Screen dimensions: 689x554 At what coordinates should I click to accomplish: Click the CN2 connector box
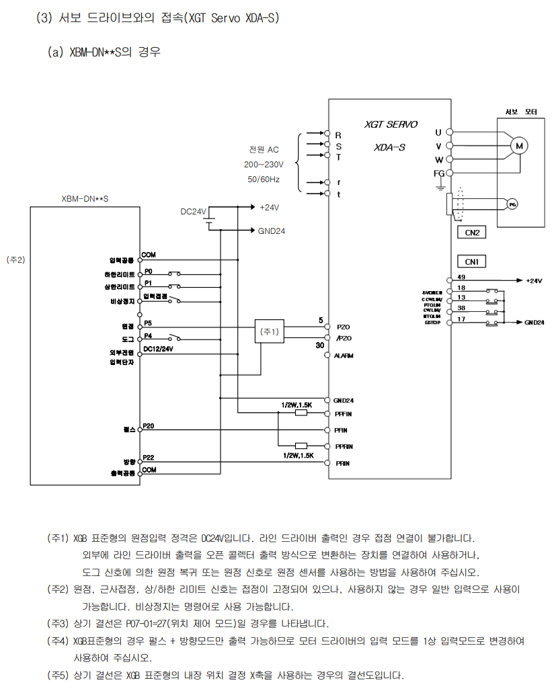471,233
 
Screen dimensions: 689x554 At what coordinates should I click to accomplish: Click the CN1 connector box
471,261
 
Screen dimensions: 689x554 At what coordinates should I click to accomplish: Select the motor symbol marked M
518,145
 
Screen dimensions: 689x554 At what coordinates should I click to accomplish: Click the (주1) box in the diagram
270,331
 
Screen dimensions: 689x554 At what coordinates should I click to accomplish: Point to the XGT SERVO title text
391,124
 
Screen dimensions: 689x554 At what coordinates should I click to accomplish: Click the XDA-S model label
389,147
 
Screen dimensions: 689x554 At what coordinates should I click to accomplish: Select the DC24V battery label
194,211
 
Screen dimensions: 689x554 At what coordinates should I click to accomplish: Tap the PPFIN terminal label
344,414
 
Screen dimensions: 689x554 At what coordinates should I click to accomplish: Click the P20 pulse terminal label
149,426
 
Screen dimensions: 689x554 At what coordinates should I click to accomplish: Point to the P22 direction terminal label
149,457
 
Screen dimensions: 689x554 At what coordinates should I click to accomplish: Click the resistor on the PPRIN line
301,446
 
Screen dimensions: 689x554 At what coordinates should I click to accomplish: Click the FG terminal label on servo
439,173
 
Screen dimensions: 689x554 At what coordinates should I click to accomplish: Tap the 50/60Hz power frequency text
264,179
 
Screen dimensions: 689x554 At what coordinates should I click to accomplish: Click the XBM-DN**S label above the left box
85,198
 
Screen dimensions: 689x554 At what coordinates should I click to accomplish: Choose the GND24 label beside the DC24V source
272,230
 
